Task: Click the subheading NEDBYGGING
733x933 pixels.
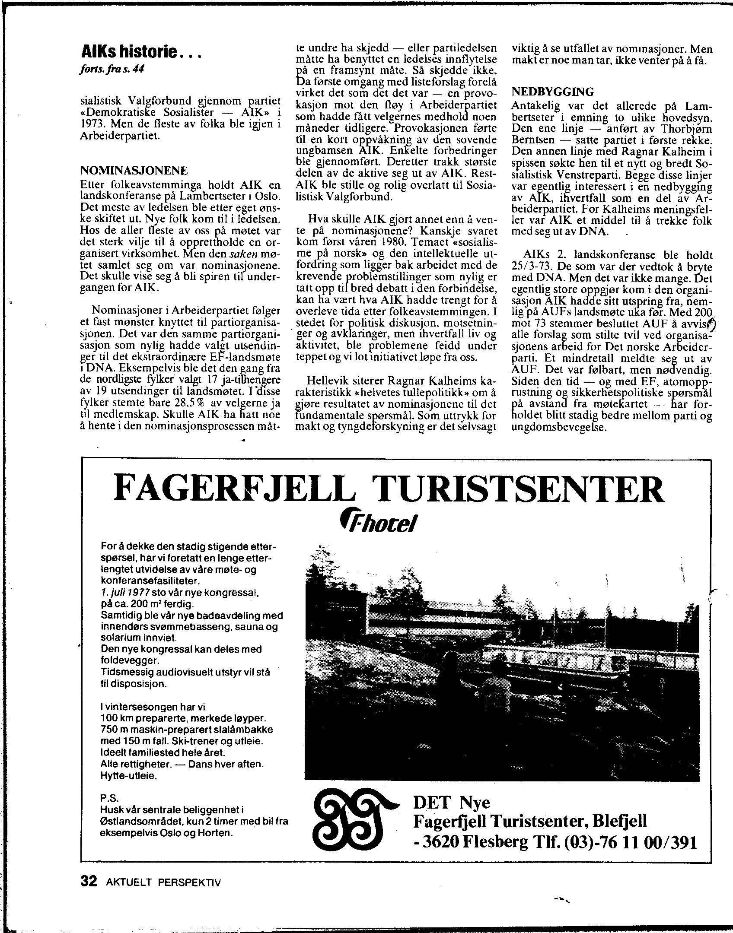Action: [553, 92]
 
